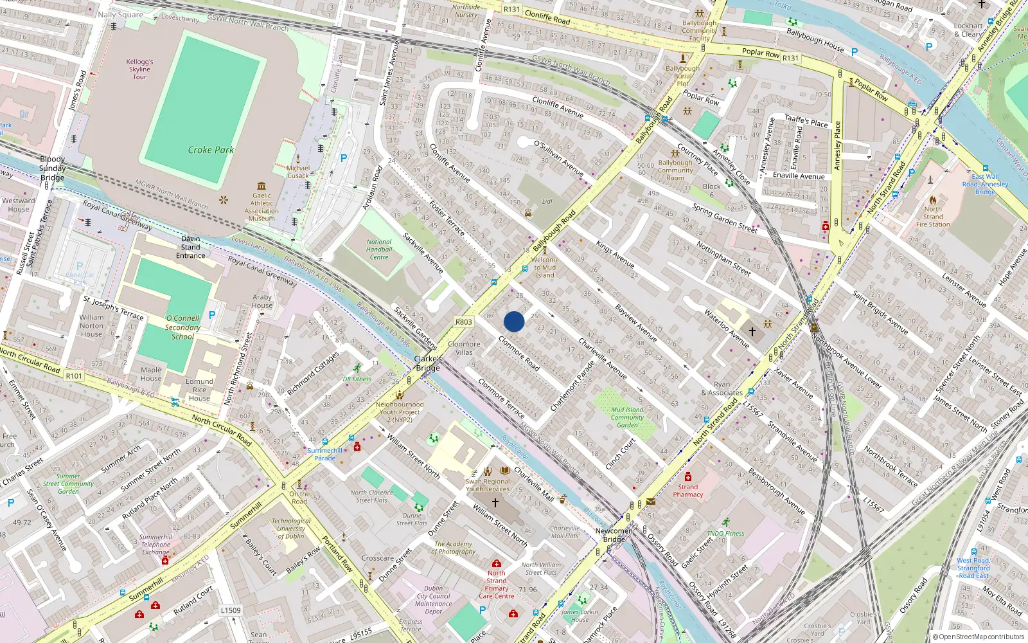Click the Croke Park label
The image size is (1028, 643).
point(211,150)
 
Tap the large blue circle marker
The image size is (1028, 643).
point(514,321)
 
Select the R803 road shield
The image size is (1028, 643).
point(463,322)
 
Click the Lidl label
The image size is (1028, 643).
point(547,201)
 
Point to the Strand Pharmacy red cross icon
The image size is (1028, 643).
point(688,477)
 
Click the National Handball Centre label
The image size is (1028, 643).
point(379,249)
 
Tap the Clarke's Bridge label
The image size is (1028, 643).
point(428,363)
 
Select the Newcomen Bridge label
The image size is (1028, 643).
point(614,535)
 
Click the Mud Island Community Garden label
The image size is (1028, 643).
point(627,417)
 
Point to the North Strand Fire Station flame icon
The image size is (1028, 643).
point(933,200)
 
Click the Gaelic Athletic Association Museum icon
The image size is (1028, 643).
point(261,186)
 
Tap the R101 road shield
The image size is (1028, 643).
point(74,376)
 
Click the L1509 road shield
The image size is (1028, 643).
point(231,610)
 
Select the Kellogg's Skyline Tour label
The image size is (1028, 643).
point(139,69)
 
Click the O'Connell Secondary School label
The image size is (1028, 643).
point(182,327)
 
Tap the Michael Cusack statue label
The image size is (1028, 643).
point(298,172)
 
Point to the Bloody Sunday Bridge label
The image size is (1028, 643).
point(53,168)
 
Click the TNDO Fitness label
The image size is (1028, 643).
point(725,533)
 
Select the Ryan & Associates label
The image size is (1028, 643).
point(722,388)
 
